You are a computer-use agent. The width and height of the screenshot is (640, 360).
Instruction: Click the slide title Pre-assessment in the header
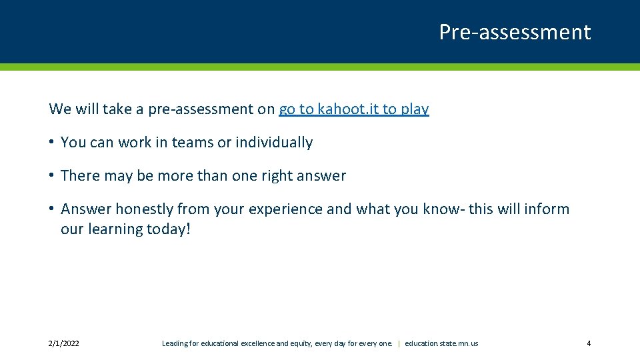point(515,32)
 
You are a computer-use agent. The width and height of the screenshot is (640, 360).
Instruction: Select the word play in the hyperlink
point(415,109)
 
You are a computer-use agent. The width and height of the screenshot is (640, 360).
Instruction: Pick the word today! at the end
point(170,229)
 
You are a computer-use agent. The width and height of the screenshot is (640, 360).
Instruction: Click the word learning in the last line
point(117,229)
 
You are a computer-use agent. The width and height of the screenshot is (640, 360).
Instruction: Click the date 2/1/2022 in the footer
point(64,343)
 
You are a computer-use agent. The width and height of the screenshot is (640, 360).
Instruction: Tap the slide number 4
point(589,343)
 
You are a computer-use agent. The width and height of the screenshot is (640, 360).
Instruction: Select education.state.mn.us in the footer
point(441,343)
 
